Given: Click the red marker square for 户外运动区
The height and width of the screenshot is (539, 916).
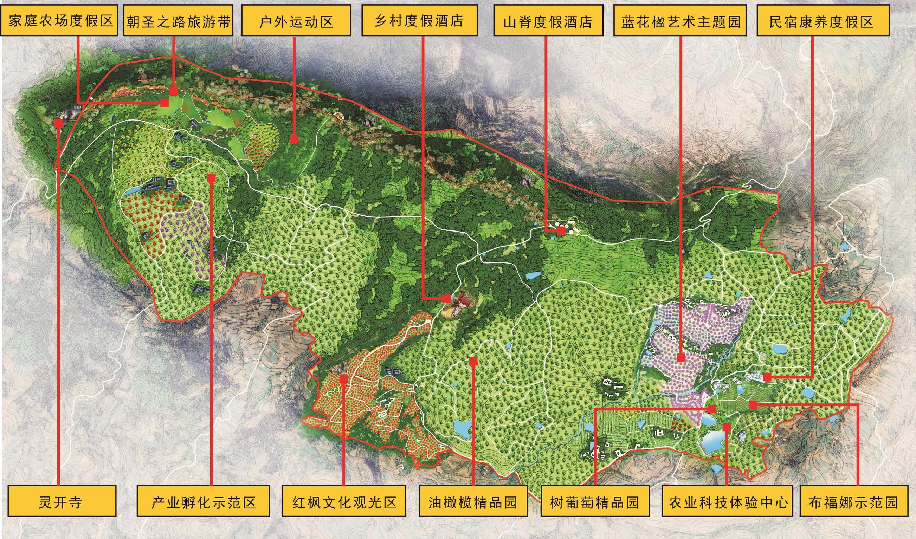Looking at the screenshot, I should (295, 139).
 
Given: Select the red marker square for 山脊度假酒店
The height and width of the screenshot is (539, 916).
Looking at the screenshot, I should (562, 230).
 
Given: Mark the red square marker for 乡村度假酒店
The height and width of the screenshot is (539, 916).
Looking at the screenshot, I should (446, 298).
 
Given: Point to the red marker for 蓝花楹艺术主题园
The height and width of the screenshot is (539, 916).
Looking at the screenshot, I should (681, 358).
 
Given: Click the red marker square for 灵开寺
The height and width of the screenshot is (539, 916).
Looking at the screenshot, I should (58, 123).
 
